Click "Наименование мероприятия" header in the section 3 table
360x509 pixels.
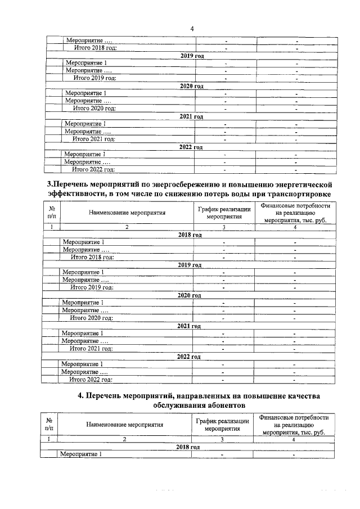(126, 213)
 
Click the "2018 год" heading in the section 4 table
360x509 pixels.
(188, 447)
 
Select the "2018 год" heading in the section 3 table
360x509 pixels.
(190, 235)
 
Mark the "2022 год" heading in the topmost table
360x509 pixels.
(190, 147)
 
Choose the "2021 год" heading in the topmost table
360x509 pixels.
(190, 116)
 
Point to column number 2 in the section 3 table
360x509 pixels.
(127, 227)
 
